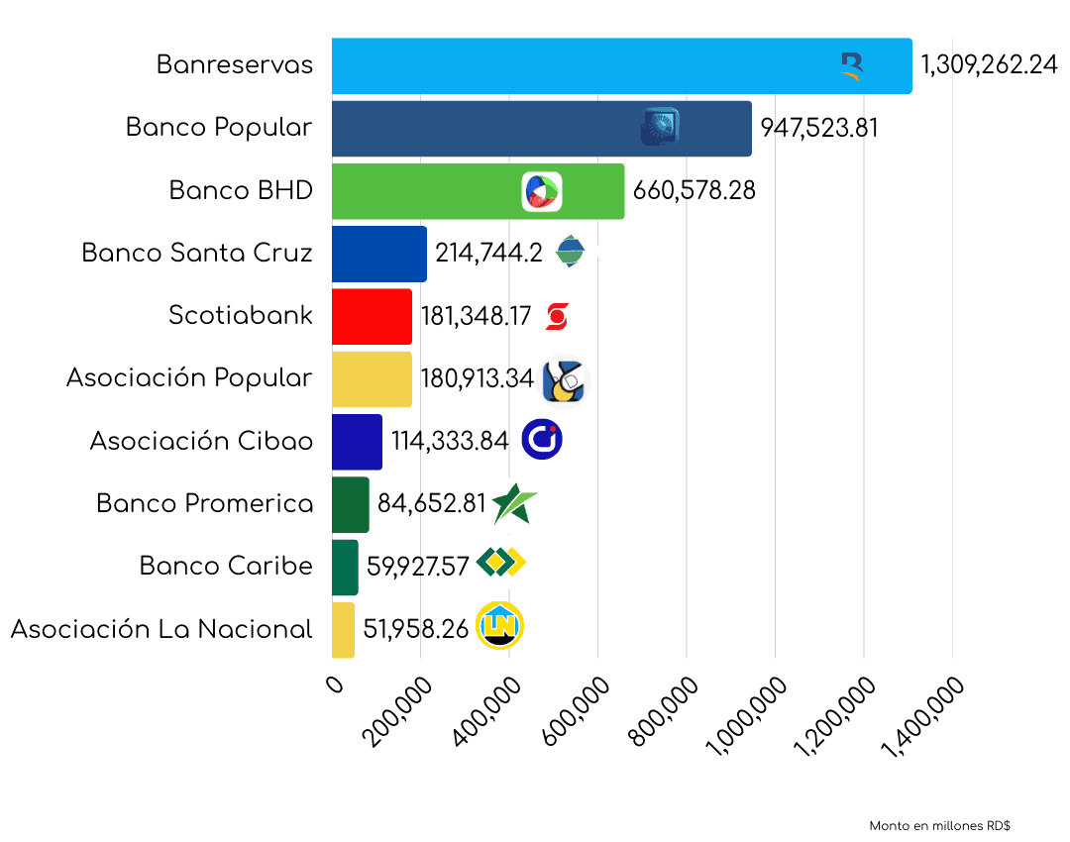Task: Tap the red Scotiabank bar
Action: click(x=372, y=317)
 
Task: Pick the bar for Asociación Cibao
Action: click(x=357, y=442)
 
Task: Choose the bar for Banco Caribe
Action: click(x=345, y=568)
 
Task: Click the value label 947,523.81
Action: click(x=819, y=129)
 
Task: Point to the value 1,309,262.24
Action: click(x=989, y=66)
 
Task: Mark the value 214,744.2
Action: click(x=488, y=254)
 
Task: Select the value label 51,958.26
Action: click(x=416, y=629)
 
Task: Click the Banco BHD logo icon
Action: click(x=542, y=191)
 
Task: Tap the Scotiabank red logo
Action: click(x=557, y=317)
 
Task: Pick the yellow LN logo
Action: click(x=500, y=626)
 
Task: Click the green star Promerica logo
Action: click(x=514, y=503)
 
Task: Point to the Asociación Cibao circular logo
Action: click(x=542, y=440)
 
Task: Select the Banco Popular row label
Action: click(x=219, y=128)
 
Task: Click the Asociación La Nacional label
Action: click(x=161, y=629)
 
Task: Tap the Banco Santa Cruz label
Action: click(x=197, y=254)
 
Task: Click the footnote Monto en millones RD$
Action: click(x=939, y=826)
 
